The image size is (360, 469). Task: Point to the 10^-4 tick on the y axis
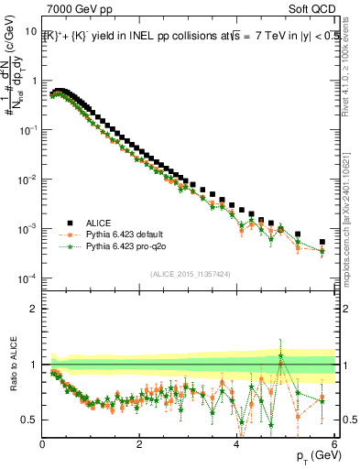click(27, 278)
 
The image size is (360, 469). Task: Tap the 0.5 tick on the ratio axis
click(27, 420)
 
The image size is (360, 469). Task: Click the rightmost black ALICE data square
click(322, 243)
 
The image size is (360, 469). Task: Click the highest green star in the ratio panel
click(280, 355)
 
